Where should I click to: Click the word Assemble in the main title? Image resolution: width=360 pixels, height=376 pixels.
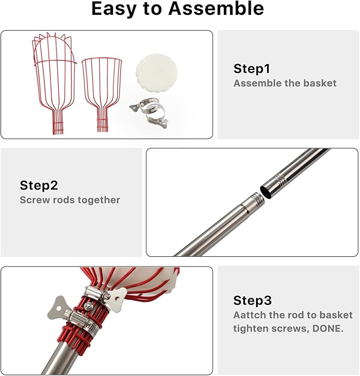click(216, 8)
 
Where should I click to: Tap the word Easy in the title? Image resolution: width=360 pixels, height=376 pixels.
click(114, 10)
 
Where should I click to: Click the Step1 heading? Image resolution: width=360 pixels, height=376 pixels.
click(252, 69)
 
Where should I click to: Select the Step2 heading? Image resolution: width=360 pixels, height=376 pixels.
click(39, 185)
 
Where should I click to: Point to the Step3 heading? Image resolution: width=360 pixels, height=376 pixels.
click(252, 300)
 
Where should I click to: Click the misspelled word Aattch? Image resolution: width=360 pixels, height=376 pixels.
click(250, 315)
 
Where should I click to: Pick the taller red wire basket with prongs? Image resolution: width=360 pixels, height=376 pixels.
click(55, 83)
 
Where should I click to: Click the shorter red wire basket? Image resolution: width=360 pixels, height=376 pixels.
click(102, 94)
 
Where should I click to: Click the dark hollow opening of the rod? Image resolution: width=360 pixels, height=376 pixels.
click(267, 192)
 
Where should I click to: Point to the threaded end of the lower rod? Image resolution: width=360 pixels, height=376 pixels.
click(257, 200)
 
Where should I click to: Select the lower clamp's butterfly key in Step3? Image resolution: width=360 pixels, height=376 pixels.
click(58, 308)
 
